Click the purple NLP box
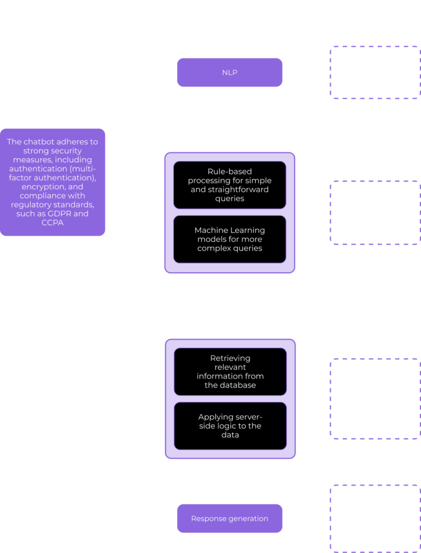coord(229,72)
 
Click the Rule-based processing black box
coord(229,185)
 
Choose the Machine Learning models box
coord(229,239)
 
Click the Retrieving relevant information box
coord(230,372)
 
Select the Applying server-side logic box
coord(230,426)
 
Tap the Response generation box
coord(230,518)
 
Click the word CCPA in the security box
coord(52,222)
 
